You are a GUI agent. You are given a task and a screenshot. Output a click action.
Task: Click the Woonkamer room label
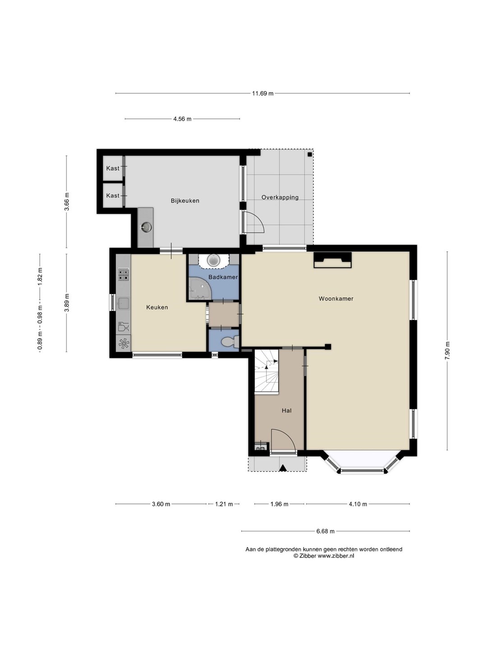[x=336, y=299]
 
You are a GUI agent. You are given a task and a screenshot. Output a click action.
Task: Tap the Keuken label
[x=157, y=307]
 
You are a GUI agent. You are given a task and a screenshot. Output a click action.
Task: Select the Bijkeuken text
[x=185, y=201]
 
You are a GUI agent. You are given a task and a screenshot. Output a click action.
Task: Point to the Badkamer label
[x=223, y=277]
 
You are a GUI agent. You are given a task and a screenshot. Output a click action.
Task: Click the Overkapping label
[x=280, y=197]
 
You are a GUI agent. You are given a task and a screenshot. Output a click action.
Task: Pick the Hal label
[x=286, y=411]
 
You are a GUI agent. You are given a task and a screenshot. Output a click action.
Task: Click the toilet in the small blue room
[x=230, y=343]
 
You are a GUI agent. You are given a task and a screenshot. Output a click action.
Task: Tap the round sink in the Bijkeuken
[x=146, y=227]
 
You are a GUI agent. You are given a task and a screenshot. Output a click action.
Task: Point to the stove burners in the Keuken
[x=124, y=274]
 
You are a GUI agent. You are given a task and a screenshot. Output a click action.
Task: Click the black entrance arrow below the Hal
[x=283, y=467]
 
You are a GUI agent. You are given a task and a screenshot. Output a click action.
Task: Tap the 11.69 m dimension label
[x=262, y=93]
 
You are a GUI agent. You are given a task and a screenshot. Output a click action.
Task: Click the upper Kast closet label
[x=113, y=168]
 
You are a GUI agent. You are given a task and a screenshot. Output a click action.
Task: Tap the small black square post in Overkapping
[x=310, y=154]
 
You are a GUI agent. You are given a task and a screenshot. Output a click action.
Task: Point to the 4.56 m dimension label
[x=182, y=119]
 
